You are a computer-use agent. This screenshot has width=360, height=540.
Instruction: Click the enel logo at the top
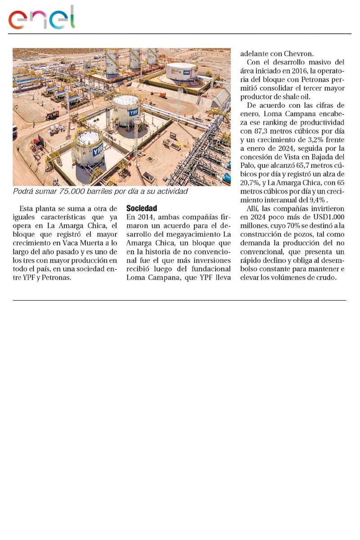pyautogui.click(x=41, y=18)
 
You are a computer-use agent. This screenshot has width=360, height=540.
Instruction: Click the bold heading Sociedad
pyautogui.click(x=141, y=209)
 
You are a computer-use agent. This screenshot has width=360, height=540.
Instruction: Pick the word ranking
pyautogui.click(x=269, y=122)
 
